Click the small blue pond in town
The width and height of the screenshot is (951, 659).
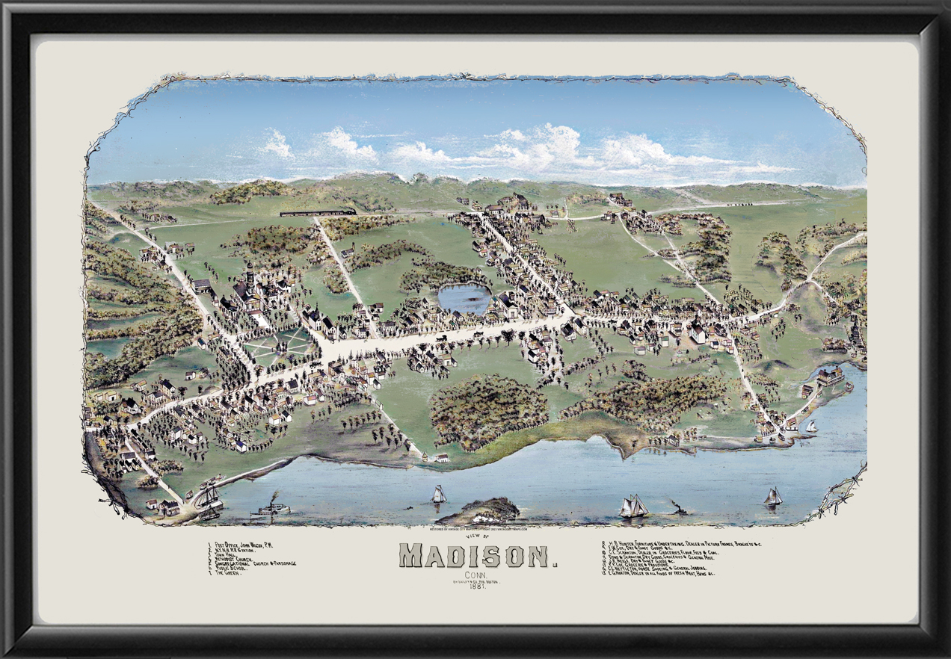click(464, 297)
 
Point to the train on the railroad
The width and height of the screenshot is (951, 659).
click(318, 213)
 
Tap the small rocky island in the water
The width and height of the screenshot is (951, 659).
click(478, 512)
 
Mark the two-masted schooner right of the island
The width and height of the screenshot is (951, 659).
click(633, 506)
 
